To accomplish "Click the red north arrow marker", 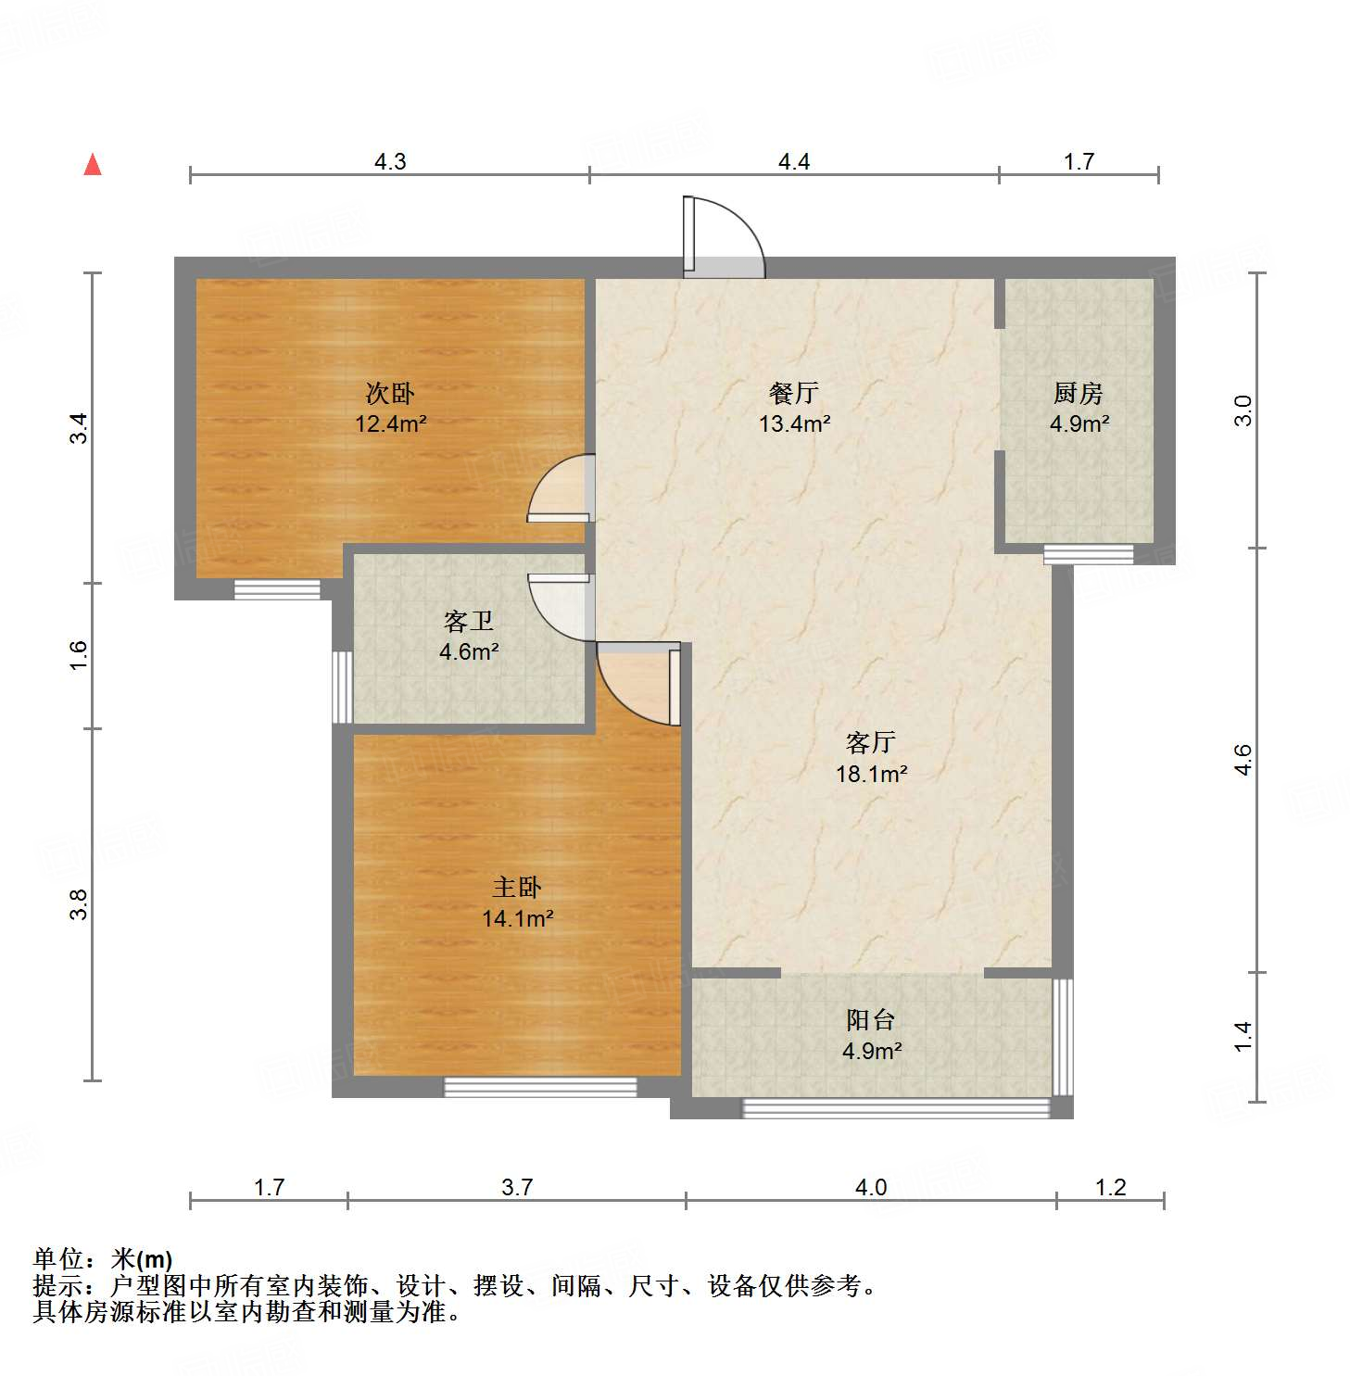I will point(93,165).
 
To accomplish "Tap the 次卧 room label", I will point(390,394).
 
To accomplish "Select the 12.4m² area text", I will point(390,424).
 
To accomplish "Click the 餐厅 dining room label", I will point(794,394).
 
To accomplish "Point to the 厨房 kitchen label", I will point(1079,394).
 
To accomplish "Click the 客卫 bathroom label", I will point(469,621).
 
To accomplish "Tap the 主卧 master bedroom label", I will point(517,888).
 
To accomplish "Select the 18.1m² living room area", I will point(871,774).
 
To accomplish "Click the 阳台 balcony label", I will point(871,1020).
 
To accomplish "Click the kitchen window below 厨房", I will point(1088,554).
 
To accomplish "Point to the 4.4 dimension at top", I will point(794,162).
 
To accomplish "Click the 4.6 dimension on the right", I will point(1243,760).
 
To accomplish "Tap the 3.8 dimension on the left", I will point(80,904).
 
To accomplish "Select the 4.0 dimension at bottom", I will point(871,1187).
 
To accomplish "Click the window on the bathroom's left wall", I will point(342,686).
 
